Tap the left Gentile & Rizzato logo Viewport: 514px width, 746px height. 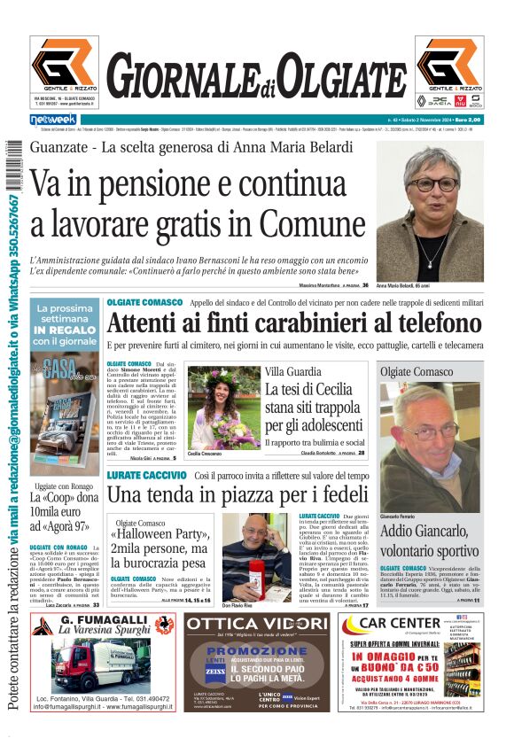pyautogui.click(x=65, y=65)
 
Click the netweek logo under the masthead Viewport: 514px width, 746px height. pyautogui.click(x=53, y=119)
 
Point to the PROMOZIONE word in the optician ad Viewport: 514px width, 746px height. pyautogui.click(x=258, y=653)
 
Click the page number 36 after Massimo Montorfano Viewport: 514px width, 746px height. pyautogui.click(x=365, y=285)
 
